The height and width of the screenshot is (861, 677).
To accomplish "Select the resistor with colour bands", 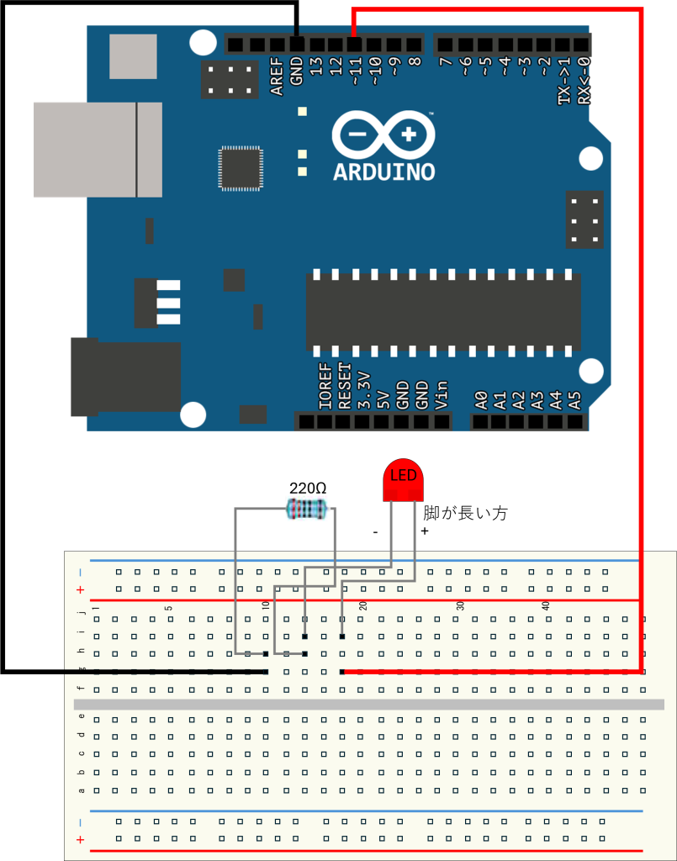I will [307, 508].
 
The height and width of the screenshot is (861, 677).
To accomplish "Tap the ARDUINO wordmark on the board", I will [384, 172].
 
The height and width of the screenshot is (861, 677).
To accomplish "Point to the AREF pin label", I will [277, 77].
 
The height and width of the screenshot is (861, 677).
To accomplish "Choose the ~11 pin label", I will [355, 72].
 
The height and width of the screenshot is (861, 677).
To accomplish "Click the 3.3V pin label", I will [363, 389].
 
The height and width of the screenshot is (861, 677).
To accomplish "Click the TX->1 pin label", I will [564, 81].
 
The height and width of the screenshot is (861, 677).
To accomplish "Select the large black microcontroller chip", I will [443, 311].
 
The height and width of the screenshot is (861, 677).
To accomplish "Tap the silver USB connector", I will [98, 150].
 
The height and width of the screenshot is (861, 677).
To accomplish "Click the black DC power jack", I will [126, 377].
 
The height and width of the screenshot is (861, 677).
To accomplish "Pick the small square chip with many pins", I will [241, 168].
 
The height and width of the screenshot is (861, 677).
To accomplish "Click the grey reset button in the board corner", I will [133, 56].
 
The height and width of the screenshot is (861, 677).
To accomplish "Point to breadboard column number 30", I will [461, 605].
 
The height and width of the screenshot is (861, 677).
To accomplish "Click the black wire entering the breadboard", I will [168, 672].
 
